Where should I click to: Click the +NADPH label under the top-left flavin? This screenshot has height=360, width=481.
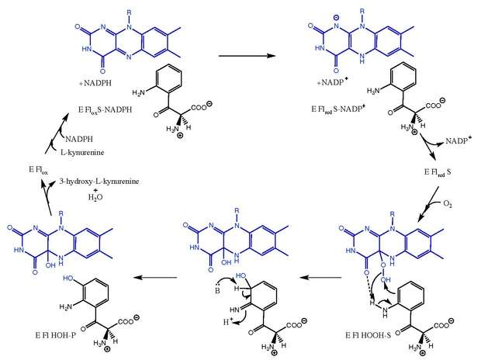[95, 83]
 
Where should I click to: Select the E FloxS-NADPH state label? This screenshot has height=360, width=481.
[105, 110]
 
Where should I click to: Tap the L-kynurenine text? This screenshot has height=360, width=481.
[82, 152]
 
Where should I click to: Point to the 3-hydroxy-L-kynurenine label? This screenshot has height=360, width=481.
[99, 182]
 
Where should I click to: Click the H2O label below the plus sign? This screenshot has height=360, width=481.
[95, 197]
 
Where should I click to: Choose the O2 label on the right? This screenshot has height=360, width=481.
[448, 204]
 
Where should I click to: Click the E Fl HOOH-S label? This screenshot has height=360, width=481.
[368, 335]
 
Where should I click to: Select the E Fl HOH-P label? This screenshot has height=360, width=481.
[56, 335]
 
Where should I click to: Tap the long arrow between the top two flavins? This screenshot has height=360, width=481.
[247, 56]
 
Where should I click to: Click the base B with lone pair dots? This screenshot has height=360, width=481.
[217, 289]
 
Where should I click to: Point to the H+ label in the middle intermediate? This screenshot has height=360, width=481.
[227, 322]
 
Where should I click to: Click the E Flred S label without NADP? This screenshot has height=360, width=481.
[438, 172]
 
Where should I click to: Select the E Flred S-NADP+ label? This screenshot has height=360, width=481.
[338, 109]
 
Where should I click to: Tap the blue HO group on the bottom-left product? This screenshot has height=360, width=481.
[68, 279]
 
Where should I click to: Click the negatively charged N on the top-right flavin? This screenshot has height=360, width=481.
[337, 25]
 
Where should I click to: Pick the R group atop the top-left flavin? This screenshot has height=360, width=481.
[129, 12]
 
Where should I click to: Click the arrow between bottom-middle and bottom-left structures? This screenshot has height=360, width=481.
[156, 278]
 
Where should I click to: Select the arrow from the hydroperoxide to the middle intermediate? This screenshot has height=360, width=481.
[320, 278]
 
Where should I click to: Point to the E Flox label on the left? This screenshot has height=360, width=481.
[38, 170]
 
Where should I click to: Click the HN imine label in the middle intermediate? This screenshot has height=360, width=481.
[234, 310]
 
